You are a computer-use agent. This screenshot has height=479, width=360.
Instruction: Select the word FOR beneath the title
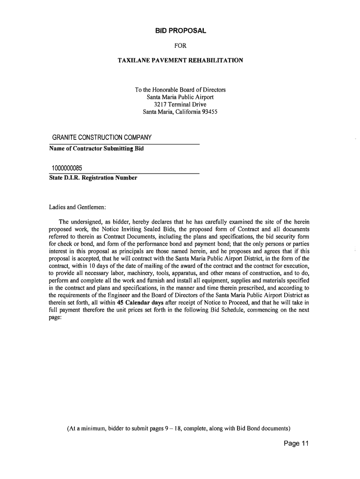180,46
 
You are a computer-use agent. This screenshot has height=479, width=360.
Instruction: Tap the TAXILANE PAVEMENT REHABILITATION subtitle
180,61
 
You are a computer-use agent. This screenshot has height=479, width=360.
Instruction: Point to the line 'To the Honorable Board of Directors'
180,90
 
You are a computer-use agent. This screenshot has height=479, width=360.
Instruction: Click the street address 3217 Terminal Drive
180,105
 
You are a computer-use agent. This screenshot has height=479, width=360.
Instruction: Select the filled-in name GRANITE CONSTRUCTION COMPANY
102,138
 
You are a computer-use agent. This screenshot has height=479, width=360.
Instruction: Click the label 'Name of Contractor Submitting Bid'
96,149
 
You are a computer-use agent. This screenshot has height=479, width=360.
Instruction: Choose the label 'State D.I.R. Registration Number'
93,178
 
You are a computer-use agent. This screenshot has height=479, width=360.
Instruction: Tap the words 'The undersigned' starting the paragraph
80,221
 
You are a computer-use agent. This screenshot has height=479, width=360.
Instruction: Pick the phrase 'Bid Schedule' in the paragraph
240,309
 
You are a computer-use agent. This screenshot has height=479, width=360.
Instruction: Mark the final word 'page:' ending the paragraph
56,317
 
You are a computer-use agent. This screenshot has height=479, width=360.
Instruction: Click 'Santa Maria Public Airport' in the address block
180,97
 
